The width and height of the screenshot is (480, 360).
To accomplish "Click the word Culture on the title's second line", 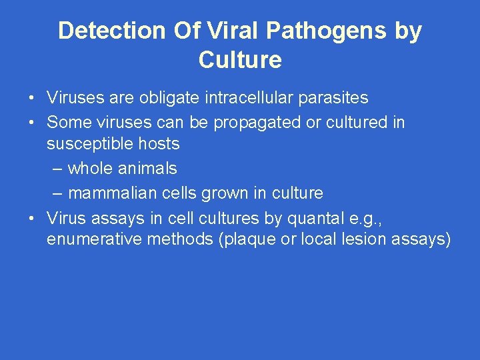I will coord(240,60).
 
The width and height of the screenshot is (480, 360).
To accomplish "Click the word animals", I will coord(147,168).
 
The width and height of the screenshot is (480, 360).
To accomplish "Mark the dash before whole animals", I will coord(57,169).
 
